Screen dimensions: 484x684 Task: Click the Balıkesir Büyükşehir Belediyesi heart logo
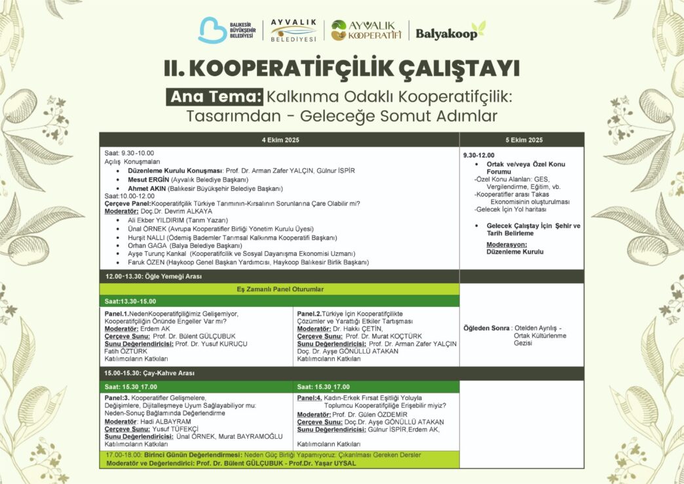pos(212,30)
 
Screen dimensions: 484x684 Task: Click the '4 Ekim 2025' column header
pos(279,140)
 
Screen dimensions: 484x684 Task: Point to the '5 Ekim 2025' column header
pos(523,140)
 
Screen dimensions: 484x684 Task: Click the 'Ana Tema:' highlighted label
pos(214,96)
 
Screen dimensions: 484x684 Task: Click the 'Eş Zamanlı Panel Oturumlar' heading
pos(280,289)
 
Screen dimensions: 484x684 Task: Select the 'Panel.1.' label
pos(117,313)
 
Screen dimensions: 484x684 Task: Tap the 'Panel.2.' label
pos(309,313)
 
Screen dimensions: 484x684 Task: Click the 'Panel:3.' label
pos(117,397)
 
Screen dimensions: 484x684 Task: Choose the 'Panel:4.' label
pos(309,397)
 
